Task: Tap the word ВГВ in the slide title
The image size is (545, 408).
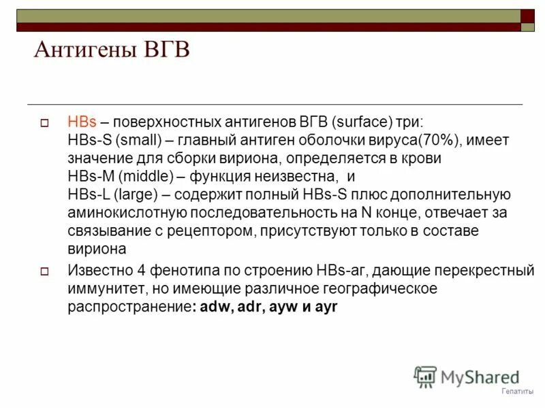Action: (163, 50)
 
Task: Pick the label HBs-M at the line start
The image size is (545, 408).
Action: (86, 177)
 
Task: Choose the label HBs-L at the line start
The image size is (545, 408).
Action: (84, 194)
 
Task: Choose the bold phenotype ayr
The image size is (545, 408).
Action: (324, 306)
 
